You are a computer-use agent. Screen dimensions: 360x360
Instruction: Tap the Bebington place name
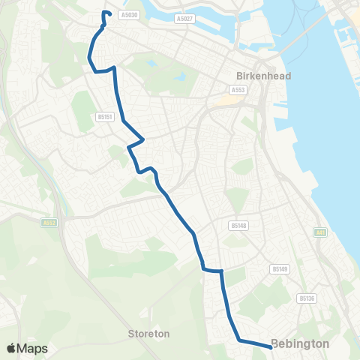(300, 343)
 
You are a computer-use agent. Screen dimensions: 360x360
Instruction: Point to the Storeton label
(149, 333)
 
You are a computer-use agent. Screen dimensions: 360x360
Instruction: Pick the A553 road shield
(238, 90)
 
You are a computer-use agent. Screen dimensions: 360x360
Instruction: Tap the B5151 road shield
(104, 117)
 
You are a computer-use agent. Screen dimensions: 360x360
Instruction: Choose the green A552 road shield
(50, 222)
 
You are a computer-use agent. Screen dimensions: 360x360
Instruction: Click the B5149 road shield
(280, 268)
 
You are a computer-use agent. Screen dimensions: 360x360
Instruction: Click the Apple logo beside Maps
(12, 349)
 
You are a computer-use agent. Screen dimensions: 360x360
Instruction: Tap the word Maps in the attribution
(33, 349)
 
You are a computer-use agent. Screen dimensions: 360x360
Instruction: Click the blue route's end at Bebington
(270, 346)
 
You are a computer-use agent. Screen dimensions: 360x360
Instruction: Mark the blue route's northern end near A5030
(104, 13)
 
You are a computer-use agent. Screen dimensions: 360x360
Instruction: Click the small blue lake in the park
(181, 76)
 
